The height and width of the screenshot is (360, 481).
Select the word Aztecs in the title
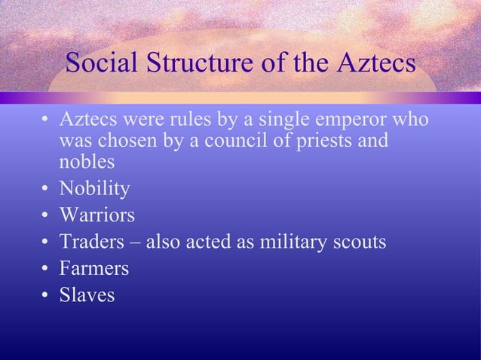point(371,63)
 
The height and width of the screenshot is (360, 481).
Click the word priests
point(314,141)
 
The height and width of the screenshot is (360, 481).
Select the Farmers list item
point(94,269)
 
